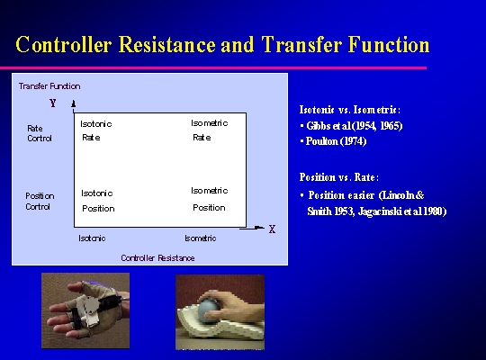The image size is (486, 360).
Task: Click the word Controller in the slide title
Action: coord(64,44)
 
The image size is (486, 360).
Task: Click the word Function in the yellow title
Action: coord(389,44)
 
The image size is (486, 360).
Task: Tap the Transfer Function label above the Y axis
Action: coord(49,86)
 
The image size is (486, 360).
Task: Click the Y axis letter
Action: coord(53,103)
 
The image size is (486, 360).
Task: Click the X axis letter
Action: coord(272,229)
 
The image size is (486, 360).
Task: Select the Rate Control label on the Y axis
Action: coord(40,133)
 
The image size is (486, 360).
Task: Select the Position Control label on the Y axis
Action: coord(40,202)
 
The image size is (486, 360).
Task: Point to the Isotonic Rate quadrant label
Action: coord(96,130)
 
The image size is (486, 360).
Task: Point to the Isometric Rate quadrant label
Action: coord(210,130)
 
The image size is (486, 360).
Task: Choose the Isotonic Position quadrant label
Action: coord(98,201)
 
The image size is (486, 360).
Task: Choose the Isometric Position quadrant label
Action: coord(210,199)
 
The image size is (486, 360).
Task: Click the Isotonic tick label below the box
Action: coord(92,238)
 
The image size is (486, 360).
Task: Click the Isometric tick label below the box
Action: coord(201,238)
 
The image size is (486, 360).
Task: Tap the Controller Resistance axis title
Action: coord(157,258)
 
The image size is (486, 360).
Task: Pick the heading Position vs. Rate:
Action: coord(339,177)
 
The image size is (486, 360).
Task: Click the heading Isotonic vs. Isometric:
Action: coord(350,110)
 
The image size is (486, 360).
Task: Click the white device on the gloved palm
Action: coord(85,310)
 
